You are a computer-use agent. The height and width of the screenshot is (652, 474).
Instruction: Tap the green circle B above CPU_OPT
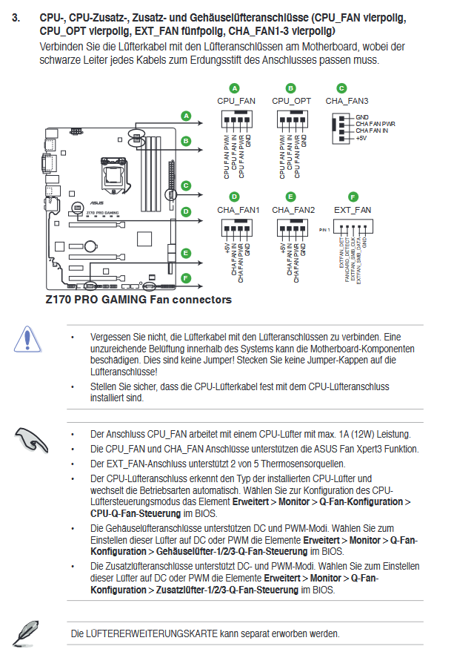pos(291,88)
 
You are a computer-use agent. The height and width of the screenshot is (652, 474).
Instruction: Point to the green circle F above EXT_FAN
pos(353,197)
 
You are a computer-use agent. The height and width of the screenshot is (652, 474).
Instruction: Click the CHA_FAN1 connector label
pos(238,210)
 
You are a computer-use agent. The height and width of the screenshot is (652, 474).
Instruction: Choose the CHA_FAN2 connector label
pos(293,210)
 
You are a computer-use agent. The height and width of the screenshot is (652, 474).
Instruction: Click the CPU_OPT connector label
pos(291,101)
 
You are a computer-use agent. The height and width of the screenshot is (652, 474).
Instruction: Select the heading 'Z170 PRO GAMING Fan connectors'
pos(138,300)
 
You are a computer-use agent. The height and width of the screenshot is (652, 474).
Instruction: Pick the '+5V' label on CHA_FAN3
pos(361,138)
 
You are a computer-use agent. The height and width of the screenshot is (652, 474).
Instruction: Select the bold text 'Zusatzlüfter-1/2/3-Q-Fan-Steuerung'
pos(227,589)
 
